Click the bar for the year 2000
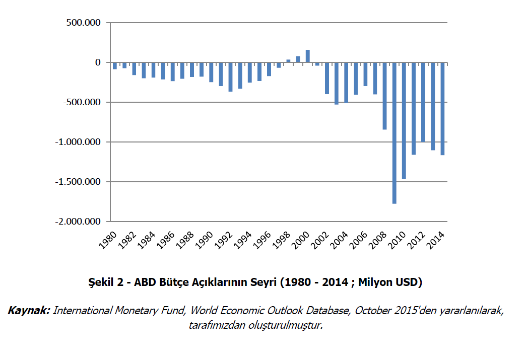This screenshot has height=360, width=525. coord(308,56)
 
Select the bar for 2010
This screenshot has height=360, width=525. coord(404,120)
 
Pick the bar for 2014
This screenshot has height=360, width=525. coord(442,108)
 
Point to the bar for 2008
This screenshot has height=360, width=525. coord(385,96)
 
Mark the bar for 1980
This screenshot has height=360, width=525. coord(115,65)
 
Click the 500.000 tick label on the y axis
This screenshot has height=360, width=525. coord(84,23)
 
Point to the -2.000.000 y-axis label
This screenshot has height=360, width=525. coord(79,222)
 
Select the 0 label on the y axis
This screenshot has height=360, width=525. coord(98,62)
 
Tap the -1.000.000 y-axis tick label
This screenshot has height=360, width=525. coord(79,142)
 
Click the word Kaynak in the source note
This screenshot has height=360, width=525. coord(29,311)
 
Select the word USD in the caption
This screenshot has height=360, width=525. coord(408,282)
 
